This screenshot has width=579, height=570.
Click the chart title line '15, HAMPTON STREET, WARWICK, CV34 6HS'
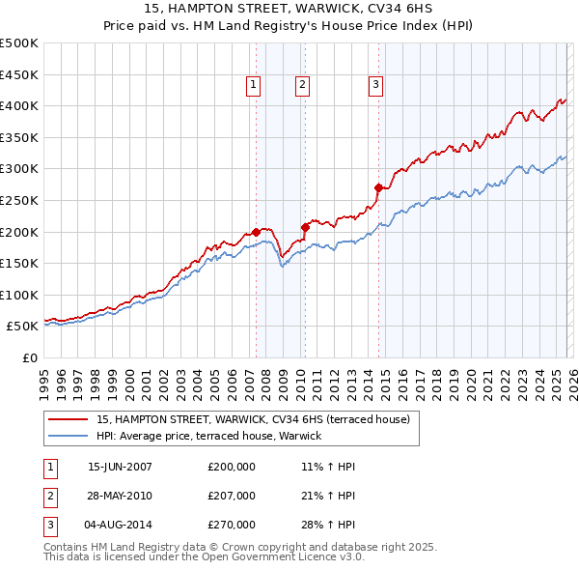point(289,8)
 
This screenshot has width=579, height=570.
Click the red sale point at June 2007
point(257,232)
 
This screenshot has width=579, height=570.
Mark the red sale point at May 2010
point(305,227)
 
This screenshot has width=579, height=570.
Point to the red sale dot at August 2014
point(378,187)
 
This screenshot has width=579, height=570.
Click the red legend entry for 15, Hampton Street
point(253,419)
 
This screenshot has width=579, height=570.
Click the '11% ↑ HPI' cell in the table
point(328,467)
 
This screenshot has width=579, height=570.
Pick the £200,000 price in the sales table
point(231,467)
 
